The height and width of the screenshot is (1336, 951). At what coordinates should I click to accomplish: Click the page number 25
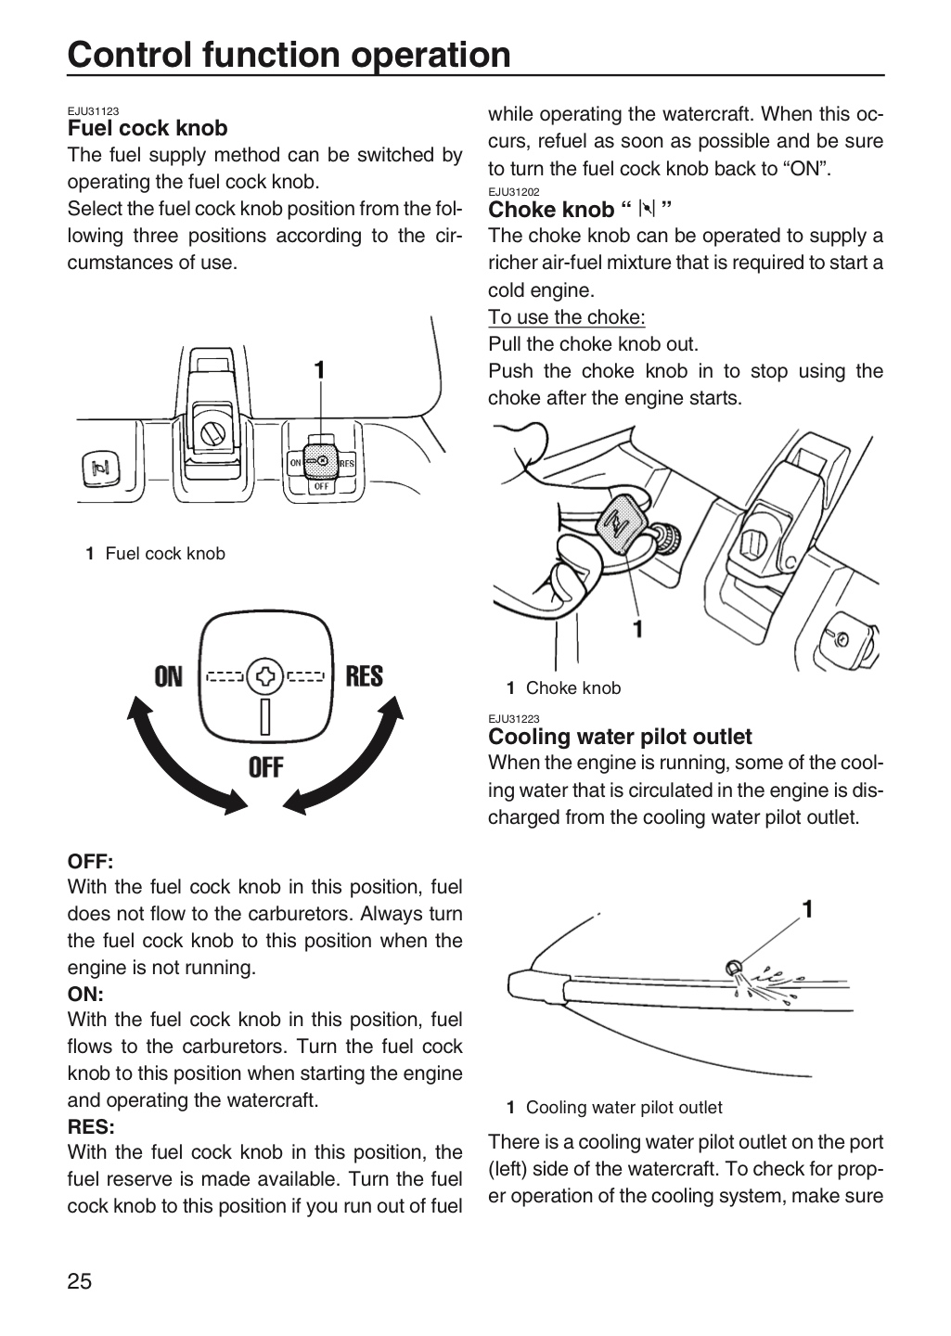pyautogui.click(x=80, y=1281)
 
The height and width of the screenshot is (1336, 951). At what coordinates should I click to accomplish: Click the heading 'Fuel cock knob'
pyautogui.click(x=148, y=128)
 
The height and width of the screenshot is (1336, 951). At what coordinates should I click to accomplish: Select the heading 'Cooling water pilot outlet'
pyautogui.click(x=620, y=737)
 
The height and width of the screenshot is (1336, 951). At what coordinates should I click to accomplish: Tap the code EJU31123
pyautogui.click(x=93, y=111)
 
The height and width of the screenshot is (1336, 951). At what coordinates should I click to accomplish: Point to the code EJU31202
pyautogui.click(x=514, y=192)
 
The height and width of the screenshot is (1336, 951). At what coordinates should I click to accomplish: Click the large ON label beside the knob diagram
pyautogui.click(x=168, y=677)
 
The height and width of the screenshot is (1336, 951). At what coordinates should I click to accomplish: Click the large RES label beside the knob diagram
pyautogui.click(x=365, y=676)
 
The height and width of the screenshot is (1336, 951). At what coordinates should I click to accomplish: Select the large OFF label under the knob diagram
pyautogui.click(x=266, y=767)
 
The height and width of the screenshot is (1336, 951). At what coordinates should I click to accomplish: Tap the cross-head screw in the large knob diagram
pyautogui.click(x=265, y=676)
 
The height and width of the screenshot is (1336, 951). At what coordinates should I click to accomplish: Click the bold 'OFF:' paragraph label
pyautogui.click(x=90, y=862)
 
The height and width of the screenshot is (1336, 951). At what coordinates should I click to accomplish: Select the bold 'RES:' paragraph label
pyautogui.click(x=91, y=1126)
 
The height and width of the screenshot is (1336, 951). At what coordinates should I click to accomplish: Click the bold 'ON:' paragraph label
pyautogui.click(x=85, y=995)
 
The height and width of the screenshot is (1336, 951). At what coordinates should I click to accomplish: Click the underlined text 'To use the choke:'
pyautogui.click(x=567, y=317)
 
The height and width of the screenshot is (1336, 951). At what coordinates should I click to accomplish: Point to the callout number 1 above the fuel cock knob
pyautogui.click(x=320, y=370)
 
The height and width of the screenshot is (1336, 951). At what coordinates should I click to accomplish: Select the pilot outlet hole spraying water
pyautogui.click(x=731, y=967)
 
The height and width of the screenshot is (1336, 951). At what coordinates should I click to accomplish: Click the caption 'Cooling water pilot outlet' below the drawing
pyautogui.click(x=623, y=1108)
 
